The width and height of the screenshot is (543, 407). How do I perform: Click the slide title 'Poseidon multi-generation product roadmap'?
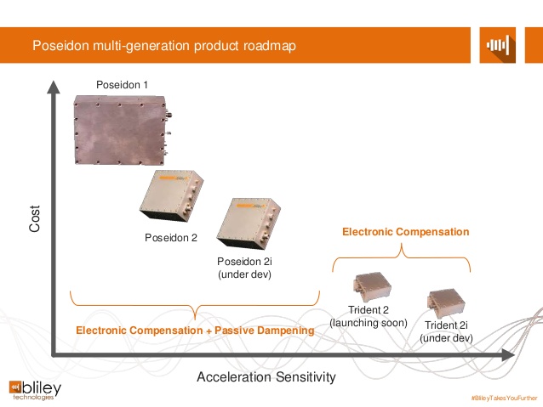(x=164, y=45)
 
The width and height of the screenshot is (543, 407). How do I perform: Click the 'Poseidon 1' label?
(x=121, y=87)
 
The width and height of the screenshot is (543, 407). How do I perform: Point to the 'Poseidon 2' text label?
(x=170, y=238)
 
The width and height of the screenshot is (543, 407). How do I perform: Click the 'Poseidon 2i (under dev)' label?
(x=244, y=268)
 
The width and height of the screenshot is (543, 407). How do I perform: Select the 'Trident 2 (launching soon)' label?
(x=369, y=317)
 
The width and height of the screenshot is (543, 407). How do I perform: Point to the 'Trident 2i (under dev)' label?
(x=448, y=331)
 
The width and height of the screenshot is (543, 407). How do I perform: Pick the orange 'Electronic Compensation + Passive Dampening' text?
(x=195, y=330)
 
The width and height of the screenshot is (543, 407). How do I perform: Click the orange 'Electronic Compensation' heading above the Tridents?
(x=405, y=231)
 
